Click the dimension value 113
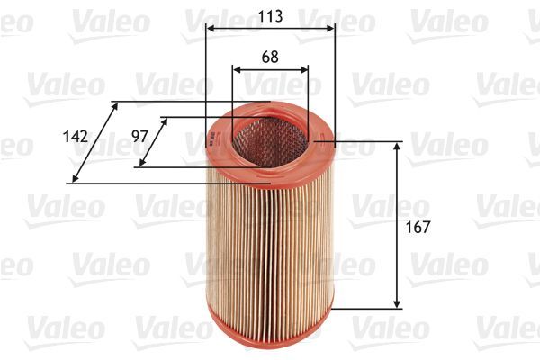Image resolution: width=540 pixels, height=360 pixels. tap(270, 15)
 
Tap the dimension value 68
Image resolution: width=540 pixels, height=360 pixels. tap(270, 56)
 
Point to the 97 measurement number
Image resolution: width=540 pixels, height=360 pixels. tap(139, 137)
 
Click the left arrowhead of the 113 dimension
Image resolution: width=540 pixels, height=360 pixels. tap(210, 29)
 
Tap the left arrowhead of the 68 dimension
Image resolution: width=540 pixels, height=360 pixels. tap(237, 69)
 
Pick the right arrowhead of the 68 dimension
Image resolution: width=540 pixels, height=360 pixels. tap(304, 69)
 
